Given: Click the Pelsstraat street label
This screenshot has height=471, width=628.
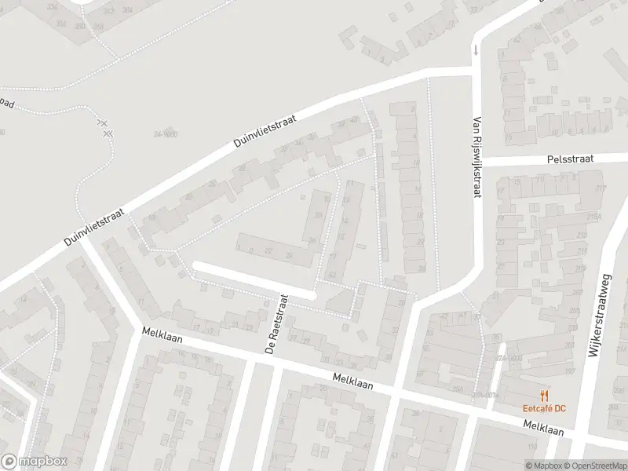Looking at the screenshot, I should coord(571,159).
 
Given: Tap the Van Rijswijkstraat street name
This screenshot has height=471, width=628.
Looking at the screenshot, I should coord(476,158).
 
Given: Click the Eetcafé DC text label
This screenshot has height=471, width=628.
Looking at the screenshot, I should coord(544,407).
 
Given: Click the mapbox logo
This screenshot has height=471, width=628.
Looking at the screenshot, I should coord(35,462).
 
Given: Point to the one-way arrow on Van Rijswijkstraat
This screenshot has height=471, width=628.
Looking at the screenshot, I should coord(474,51).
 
